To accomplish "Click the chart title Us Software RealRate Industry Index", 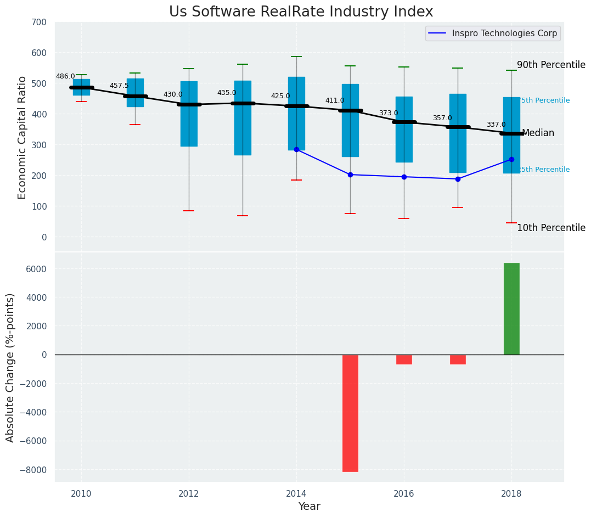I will (x=301, y=12).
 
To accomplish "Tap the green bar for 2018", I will (x=511, y=308).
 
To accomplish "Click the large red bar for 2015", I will (x=350, y=413).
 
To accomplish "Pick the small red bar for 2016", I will (x=404, y=359).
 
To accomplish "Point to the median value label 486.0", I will (x=65, y=76).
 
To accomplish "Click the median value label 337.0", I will (x=496, y=125).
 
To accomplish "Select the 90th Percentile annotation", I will (x=551, y=65).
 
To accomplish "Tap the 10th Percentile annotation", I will (x=551, y=228).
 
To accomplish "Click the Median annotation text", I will (x=538, y=133).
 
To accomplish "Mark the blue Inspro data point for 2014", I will (x=296, y=149).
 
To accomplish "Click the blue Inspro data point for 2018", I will (x=511, y=159).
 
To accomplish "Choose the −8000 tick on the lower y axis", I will (x=33, y=470).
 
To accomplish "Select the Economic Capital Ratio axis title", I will (x=22, y=137).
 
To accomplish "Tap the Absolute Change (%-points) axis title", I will (x=10, y=367).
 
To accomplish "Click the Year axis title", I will (x=309, y=507).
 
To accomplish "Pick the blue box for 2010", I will (x=81, y=87).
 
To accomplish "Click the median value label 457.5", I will (x=119, y=86).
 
